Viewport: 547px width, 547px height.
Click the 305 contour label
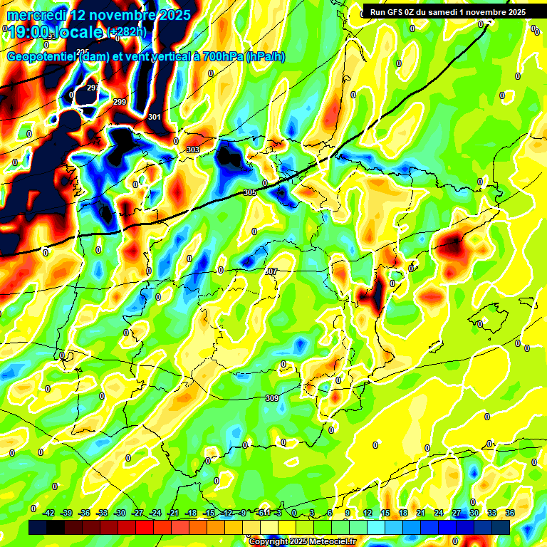(249, 193)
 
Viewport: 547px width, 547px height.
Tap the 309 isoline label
(271, 398)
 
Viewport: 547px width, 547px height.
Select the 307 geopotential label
(270, 271)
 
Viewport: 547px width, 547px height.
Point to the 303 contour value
(193, 150)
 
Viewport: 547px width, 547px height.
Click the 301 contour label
(155, 117)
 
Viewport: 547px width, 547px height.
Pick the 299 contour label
(120, 103)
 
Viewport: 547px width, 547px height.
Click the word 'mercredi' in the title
(38, 15)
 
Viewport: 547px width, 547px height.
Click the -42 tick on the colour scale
(49, 513)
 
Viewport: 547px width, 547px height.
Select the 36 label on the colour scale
(510, 513)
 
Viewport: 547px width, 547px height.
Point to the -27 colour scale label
(137, 513)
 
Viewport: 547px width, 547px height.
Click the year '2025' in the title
(174, 15)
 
